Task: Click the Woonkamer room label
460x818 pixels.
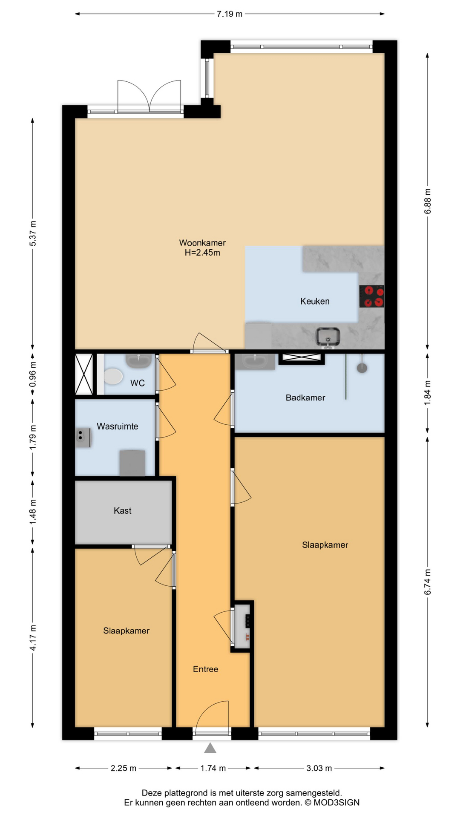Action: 202,243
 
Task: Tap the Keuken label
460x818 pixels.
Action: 315,301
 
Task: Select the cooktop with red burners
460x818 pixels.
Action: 372,296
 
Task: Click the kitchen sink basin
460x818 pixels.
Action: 328,337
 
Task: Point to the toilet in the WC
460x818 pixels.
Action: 112,377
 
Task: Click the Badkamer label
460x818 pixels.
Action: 305,397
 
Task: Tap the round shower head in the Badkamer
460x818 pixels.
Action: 362,368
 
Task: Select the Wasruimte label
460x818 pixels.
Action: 118,426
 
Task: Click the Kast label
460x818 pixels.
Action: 123,510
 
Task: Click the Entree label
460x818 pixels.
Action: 205,669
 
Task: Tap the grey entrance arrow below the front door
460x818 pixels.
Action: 210,748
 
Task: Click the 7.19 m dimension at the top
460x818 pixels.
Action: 230,14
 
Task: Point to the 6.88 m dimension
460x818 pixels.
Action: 428,202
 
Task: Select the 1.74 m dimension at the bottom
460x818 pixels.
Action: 213,768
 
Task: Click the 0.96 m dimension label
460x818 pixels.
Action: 33,374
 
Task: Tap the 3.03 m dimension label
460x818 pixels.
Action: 319,768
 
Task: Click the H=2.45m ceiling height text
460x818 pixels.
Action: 202,253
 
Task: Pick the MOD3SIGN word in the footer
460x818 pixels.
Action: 336,803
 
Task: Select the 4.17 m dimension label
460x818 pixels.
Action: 33,638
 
